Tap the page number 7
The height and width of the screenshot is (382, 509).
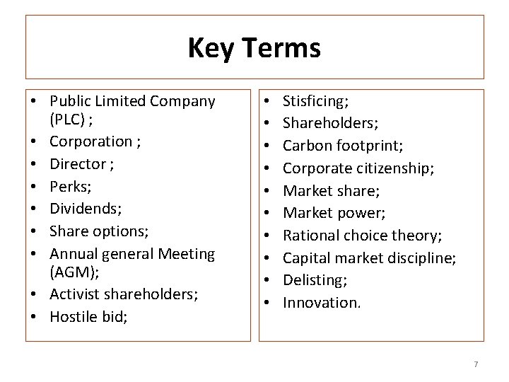coord(476,364)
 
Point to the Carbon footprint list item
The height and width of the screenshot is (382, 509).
coord(343,146)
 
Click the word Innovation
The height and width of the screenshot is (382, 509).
coord(321,302)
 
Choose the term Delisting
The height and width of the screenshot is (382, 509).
coord(315,279)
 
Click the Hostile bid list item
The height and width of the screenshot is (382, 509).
coord(88,316)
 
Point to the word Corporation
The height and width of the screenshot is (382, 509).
coord(90,141)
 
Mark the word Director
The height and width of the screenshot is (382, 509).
coord(78,164)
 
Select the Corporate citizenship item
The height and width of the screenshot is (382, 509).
coord(358,168)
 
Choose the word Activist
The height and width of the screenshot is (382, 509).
coord(75,294)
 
